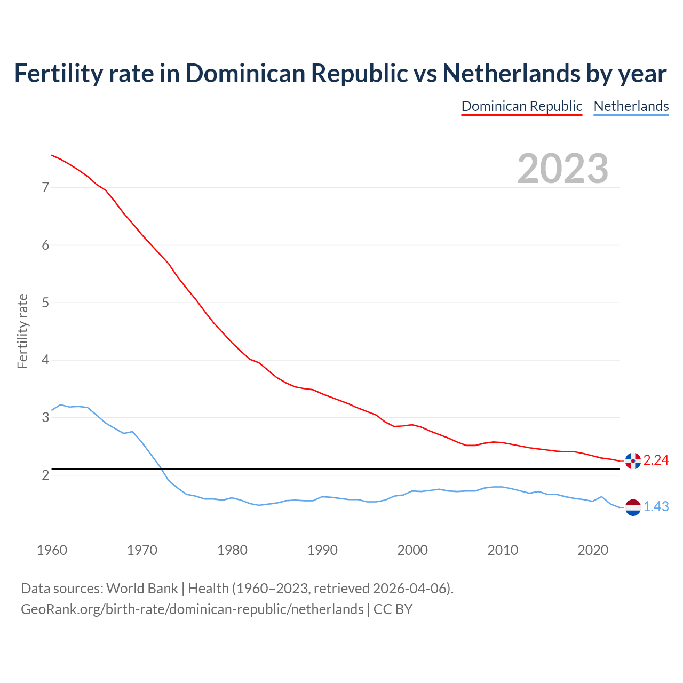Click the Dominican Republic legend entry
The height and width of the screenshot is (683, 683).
521,106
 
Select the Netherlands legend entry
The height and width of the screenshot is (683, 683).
631,106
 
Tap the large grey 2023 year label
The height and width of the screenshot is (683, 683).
563,169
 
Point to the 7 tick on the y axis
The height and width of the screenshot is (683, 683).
45,187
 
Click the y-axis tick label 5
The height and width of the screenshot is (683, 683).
45,303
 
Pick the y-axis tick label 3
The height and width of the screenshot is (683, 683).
45,417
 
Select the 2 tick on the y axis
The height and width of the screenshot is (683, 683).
45,475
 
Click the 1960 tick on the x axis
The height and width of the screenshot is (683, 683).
52,550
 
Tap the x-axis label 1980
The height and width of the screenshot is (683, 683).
232,550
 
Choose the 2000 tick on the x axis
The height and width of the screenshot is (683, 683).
412,550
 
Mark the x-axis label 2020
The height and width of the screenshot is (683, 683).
593,550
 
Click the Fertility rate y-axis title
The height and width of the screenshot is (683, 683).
22,331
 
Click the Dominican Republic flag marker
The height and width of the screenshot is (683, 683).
632,460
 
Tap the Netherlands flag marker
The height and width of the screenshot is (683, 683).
632,507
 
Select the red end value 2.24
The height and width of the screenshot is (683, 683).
656,460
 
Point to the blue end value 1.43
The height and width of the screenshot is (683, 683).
656,507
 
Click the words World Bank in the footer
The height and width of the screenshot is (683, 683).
142,589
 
